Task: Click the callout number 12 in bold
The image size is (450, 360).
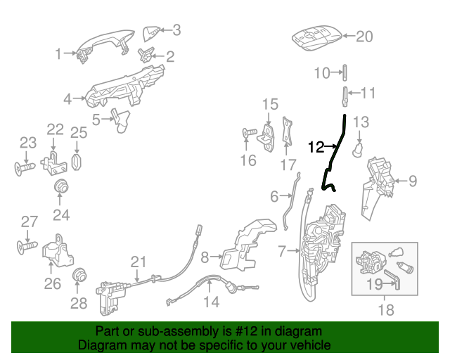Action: click(x=316, y=147)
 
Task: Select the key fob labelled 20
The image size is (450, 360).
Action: click(x=317, y=39)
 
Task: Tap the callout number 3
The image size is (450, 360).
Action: click(x=176, y=30)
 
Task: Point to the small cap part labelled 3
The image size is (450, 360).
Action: click(x=151, y=34)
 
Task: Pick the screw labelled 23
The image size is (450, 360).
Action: click(x=24, y=168)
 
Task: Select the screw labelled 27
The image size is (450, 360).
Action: click(x=27, y=247)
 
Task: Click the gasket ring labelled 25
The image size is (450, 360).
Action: click(x=77, y=162)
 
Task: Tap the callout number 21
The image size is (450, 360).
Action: click(x=139, y=262)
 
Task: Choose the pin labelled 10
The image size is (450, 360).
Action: click(x=345, y=73)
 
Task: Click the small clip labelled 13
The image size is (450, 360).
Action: click(x=357, y=149)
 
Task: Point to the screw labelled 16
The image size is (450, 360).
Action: click(x=249, y=133)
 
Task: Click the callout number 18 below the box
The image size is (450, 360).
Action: click(x=385, y=310)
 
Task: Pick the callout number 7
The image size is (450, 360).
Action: click(x=282, y=251)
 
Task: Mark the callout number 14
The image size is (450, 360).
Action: click(x=211, y=302)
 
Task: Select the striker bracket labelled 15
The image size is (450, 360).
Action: click(x=267, y=139)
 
